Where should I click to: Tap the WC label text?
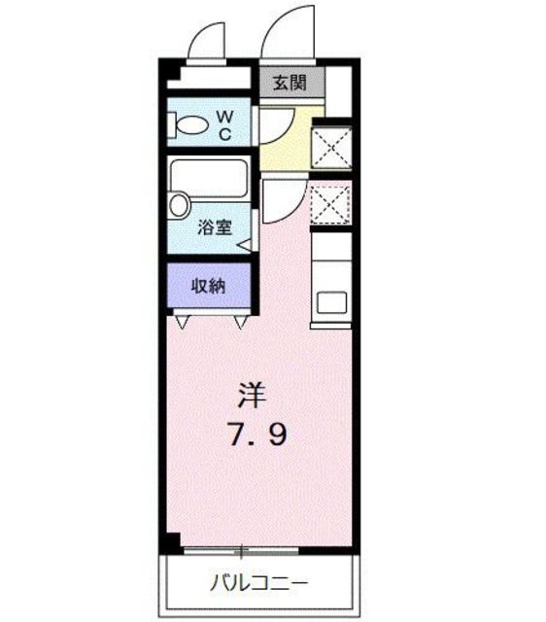click(x=223, y=125)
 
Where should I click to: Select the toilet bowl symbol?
click(x=192, y=125)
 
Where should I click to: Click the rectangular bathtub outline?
click(x=209, y=179)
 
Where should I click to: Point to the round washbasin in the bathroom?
click(x=179, y=205)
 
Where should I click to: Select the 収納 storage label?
click(x=208, y=286)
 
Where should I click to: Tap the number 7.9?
click(x=256, y=435)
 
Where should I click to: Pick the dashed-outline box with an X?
click(x=331, y=203)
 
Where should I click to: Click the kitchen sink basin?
click(x=332, y=301)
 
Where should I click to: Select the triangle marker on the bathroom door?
click(x=244, y=245)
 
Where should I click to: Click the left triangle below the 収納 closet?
click(x=181, y=320)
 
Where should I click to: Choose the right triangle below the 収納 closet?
click(x=240, y=320)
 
